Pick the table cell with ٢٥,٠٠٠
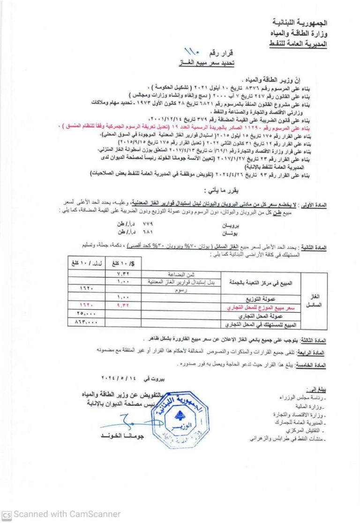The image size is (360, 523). pos(85,314)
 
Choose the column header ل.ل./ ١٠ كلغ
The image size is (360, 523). pos(85,263)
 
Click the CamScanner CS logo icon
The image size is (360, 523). pos(6,514)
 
